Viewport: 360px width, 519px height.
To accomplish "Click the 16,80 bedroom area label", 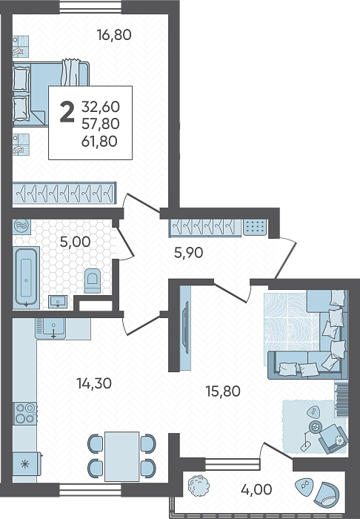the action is [114, 35].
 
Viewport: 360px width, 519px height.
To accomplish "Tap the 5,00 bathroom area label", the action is [75, 242].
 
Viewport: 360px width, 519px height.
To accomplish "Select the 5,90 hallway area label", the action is [188, 253].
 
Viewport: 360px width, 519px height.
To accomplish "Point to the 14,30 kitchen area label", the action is [94, 383].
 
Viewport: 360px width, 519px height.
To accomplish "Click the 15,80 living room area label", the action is [223, 391].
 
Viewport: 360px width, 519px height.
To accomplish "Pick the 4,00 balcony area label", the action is [256, 489].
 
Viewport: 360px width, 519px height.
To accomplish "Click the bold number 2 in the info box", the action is [67, 112].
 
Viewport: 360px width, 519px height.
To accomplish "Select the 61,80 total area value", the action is [99, 142].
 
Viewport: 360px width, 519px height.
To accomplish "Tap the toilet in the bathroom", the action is [93, 281].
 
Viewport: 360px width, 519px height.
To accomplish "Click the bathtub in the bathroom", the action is [26, 278].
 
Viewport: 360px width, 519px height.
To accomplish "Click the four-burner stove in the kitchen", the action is [24, 413].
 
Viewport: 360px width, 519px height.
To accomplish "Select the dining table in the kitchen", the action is [121, 457].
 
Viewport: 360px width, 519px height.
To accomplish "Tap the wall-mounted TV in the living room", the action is [187, 328].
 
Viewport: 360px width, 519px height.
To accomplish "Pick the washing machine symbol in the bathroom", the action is [21, 226].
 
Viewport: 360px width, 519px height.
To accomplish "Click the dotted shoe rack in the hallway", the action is [255, 227].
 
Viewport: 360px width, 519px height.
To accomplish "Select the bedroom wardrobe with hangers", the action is [64, 192].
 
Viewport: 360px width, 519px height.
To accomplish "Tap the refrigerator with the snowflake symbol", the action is [27, 463].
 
